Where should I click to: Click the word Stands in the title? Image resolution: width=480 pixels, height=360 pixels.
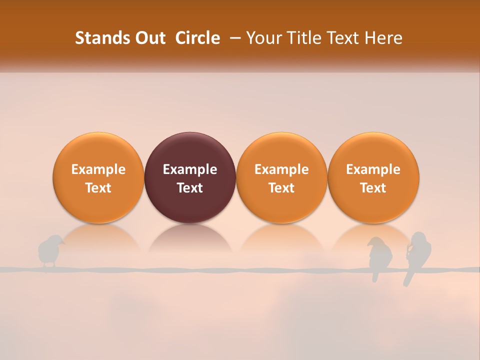pyautogui.click(x=99, y=38)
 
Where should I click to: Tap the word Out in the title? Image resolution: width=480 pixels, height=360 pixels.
pyautogui.click(x=149, y=38)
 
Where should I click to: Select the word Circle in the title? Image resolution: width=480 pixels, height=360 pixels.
pyautogui.click(x=197, y=38)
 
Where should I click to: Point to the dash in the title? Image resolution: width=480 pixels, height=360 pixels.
pyautogui.click(x=233, y=38)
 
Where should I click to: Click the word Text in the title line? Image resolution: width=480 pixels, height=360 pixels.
pyautogui.click(x=342, y=38)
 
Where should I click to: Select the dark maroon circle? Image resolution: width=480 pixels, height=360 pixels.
pyautogui.click(x=190, y=177)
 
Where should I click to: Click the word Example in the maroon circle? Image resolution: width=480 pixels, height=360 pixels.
pyautogui.click(x=190, y=169)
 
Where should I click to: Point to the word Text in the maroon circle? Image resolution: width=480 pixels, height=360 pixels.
pyautogui.click(x=190, y=188)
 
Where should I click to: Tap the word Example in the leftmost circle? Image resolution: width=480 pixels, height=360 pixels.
pyautogui.click(x=98, y=169)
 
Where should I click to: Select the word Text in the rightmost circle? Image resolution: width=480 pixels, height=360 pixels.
pyautogui.click(x=373, y=188)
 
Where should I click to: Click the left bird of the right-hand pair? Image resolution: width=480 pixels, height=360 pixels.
pyautogui.click(x=379, y=255)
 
